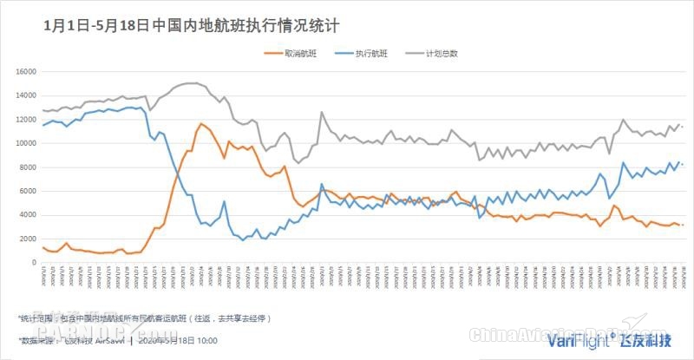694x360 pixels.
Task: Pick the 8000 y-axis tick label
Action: click(25, 167)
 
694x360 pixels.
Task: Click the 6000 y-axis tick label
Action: click(25, 191)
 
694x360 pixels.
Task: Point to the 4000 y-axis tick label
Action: click(25, 214)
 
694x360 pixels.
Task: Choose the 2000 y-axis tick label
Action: click(25, 239)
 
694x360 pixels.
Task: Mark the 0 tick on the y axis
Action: click(33, 262)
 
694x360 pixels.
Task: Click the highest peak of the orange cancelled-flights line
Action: click(201, 123)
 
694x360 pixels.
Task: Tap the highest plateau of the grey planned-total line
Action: click(191, 83)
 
